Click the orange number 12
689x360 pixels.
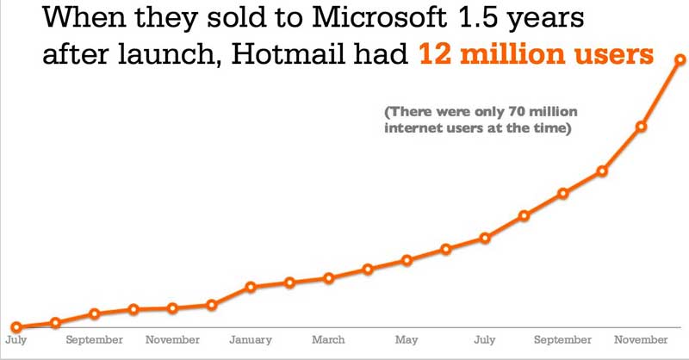(438, 57)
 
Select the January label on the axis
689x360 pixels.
(251, 340)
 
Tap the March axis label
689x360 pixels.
(328, 340)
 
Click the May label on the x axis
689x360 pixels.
(407, 340)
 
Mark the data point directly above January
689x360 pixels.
(251, 287)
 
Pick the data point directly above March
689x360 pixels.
(328, 277)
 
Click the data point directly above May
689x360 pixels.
(407, 259)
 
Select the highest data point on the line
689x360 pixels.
(680, 59)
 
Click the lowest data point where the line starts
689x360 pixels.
(16, 327)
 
